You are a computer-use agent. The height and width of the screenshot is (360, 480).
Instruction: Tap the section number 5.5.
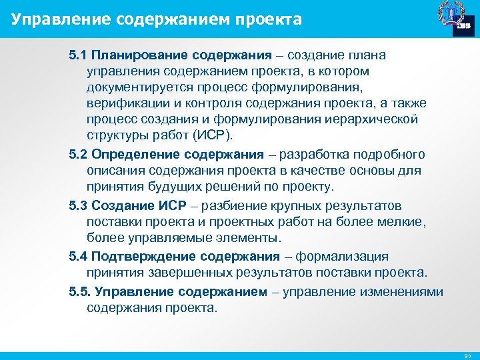(80, 291)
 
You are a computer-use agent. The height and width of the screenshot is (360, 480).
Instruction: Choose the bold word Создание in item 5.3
(122, 205)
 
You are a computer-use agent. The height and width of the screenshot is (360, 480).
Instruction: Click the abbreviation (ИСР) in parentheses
(211, 135)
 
